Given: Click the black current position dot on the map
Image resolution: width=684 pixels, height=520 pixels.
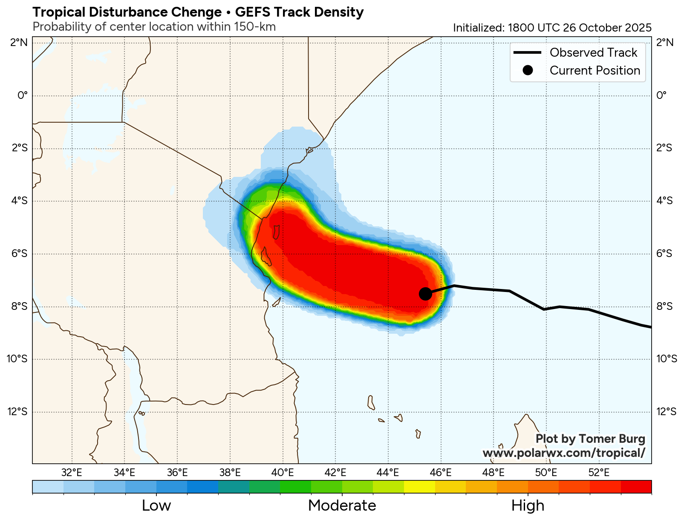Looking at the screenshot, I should click(425, 294).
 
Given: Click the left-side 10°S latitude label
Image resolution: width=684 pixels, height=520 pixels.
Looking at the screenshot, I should click(17, 359).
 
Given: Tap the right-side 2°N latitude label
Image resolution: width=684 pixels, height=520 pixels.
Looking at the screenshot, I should click(665, 42).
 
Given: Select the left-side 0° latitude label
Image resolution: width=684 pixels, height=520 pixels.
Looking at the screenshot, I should click(23, 95).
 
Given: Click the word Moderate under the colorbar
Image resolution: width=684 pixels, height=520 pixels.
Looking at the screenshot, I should click(342, 506).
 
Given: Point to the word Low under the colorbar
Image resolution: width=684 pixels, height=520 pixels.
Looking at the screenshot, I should click(156, 506).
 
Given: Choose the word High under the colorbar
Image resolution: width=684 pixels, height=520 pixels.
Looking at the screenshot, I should click(528, 506).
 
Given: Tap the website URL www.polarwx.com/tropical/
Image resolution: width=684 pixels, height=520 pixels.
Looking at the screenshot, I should click(563, 453).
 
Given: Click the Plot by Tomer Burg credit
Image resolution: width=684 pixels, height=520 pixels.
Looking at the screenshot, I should click(590, 439).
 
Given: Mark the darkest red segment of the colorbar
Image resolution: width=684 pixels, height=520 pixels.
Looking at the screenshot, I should click(636, 487).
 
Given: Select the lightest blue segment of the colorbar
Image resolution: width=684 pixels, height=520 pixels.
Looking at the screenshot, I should click(48, 487).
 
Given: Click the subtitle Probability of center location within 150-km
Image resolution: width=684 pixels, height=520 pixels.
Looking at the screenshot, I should click(154, 27).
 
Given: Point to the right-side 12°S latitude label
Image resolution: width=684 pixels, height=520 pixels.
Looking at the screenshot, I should click(666, 412).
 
